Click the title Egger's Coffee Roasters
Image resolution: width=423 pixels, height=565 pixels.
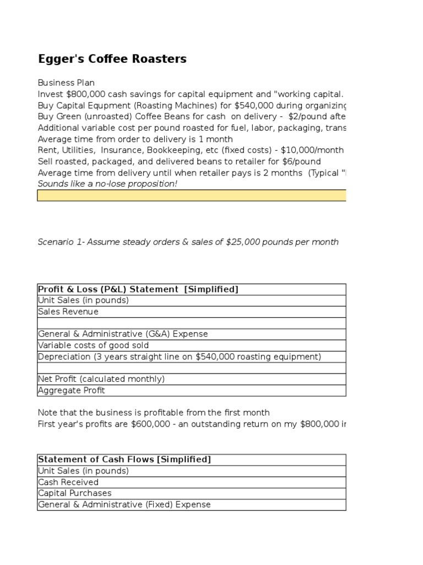click(x=112, y=59)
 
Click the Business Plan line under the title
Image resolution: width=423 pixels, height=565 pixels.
click(x=66, y=83)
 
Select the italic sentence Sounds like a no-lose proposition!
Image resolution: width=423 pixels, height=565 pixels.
click(x=107, y=184)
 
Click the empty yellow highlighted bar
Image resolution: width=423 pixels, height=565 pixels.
click(x=191, y=195)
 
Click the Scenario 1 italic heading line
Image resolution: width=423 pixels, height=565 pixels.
click(x=188, y=242)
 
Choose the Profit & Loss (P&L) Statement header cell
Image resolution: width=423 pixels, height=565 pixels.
click(x=138, y=290)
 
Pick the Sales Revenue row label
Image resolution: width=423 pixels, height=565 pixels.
click(x=68, y=312)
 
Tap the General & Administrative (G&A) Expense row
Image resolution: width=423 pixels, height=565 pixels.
click(x=123, y=334)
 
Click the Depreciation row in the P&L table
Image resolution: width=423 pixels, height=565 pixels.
click(x=179, y=356)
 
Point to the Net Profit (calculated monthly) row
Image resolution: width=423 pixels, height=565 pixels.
click(x=101, y=379)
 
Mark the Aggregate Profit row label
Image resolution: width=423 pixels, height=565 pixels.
click(x=71, y=391)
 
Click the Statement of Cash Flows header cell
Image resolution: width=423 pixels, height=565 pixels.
click(x=124, y=460)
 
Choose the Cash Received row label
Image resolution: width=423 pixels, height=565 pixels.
click(x=68, y=482)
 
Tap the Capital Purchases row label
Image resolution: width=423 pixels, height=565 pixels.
click(x=74, y=493)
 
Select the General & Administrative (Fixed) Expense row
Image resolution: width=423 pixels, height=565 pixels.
click(x=124, y=504)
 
